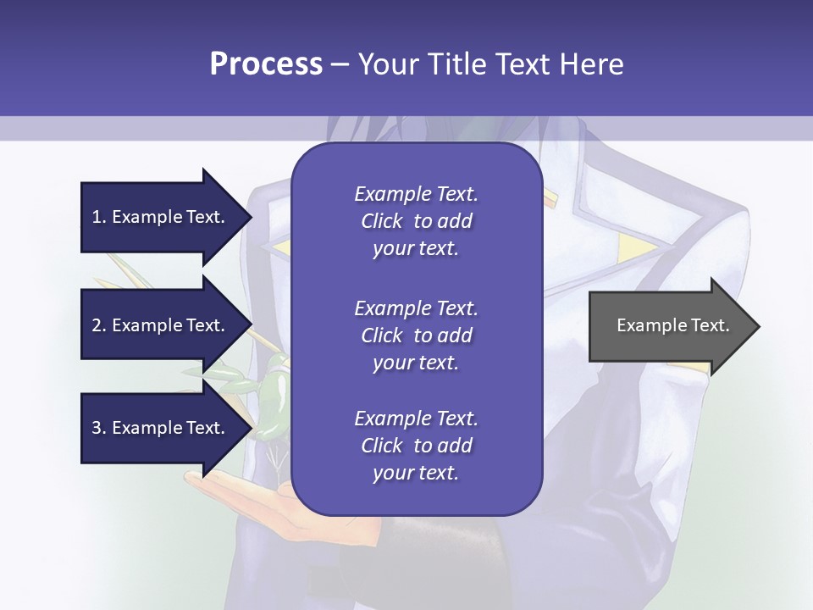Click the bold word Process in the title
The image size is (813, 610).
point(266,64)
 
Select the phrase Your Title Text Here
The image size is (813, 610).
point(490,64)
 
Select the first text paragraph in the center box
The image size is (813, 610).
point(416,221)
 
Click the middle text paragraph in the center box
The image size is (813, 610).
point(416,335)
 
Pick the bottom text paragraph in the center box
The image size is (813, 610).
point(416,446)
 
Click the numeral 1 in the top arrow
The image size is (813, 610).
point(96,217)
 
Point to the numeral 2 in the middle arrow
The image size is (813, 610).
point(97,325)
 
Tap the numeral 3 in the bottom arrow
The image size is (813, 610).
point(97,428)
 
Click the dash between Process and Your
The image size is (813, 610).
point(340,64)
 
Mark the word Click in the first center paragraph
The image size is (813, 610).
point(381,221)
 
